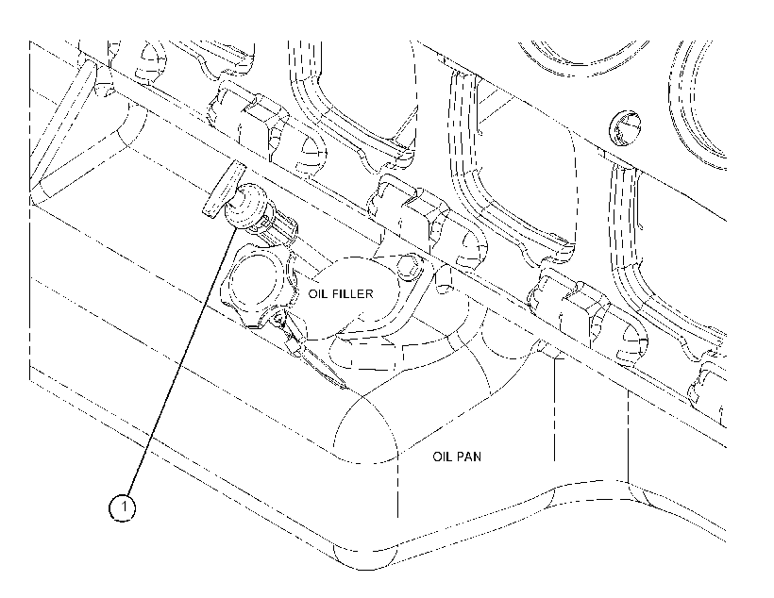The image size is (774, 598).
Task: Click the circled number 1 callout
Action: [x=123, y=507]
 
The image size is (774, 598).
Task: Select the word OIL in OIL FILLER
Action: [x=318, y=294]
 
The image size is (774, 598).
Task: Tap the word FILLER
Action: [x=352, y=294]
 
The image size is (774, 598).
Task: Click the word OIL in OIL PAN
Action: [x=443, y=457]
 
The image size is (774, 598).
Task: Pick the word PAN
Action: [x=469, y=457]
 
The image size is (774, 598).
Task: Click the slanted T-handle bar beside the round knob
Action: [x=224, y=189]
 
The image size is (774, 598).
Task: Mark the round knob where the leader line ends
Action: [x=245, y=206]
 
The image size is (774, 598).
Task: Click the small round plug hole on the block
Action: [x=625, y=128]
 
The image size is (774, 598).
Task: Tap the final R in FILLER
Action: [x=369, y=294]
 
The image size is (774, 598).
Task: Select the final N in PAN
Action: [x=478, y=457]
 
